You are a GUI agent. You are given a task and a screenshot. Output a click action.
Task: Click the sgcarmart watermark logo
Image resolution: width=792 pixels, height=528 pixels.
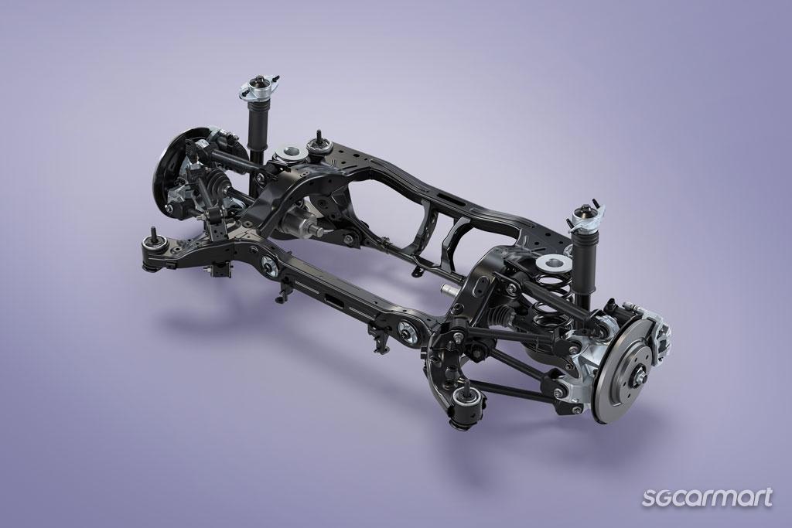coord(707,498)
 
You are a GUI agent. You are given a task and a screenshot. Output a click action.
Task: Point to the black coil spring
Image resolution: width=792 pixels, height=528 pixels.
coord(551,303)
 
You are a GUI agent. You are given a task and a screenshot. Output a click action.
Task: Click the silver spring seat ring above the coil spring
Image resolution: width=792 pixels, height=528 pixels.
coord(554,262)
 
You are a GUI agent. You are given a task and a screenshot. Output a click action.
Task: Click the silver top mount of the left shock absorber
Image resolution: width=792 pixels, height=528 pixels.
coord(260,87)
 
